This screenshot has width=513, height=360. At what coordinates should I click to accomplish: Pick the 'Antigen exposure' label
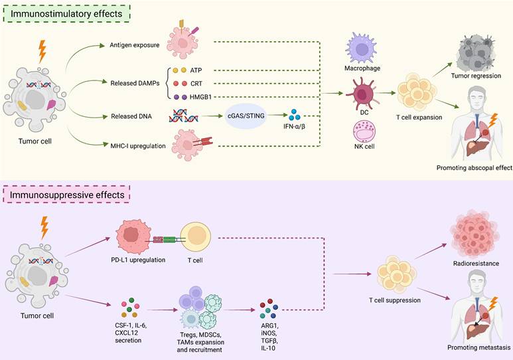point(131,45)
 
